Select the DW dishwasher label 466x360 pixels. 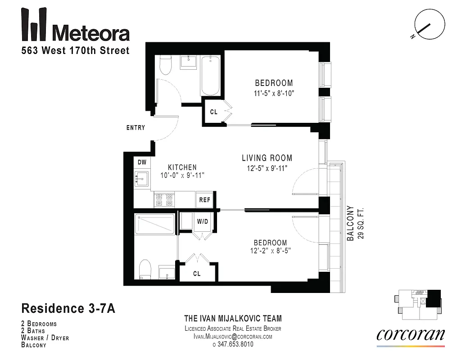click(x=142, y=162)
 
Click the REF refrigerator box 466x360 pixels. click(x=204, y=199)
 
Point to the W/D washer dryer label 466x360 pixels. click(x=201, y=221)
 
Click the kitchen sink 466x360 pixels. click(x=141, y=179)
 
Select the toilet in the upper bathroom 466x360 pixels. click(x=165, y=66)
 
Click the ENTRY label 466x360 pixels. click(x=136, y=128)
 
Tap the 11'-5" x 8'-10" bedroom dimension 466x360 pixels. click(x=274, y=94)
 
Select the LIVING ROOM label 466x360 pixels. click(x=267, y=158)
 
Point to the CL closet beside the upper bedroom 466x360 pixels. click(x=213, y=112)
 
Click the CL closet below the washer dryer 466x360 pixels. click(x=197, y=273)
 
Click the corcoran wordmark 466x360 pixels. click(x=410, y=334)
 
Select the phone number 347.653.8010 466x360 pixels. click(x=233, y=344)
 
